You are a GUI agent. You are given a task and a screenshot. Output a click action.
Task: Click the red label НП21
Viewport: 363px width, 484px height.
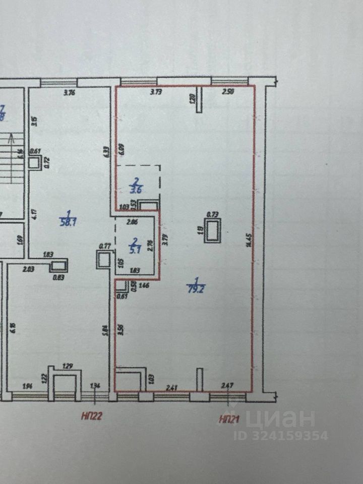coord(229,418)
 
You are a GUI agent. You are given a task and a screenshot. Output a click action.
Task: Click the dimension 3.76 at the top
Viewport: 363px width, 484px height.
coord(69,92)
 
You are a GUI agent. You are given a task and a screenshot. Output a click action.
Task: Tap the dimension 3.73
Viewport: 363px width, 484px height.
coord(157,92)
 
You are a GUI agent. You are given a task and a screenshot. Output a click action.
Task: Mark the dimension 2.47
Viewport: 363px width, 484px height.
coord(228,386)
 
